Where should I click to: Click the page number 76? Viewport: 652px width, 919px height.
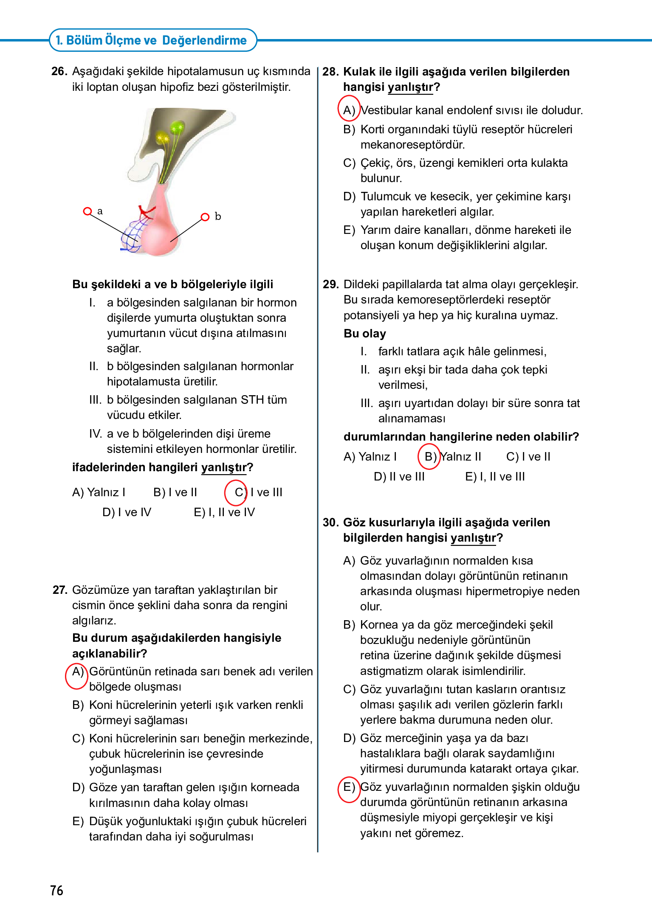(56, 890)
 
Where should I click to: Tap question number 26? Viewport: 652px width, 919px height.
(59, 71)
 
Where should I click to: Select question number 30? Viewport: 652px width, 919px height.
(330, 522)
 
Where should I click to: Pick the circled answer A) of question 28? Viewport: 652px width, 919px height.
(349, 110)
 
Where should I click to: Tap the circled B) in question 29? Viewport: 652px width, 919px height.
(429, 456)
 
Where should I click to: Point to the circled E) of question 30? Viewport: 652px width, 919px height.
(349, 787)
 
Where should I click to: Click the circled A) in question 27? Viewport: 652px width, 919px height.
(77, 672)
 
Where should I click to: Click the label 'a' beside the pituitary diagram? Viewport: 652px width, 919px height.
(100, 211)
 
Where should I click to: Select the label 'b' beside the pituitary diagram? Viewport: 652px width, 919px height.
(217, 216)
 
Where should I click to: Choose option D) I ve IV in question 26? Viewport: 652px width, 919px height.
(127, 512)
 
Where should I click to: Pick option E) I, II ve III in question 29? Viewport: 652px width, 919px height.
(495, 477)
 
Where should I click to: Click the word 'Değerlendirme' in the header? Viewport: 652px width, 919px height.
(204, 40)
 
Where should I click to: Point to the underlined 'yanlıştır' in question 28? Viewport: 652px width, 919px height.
(410, 87)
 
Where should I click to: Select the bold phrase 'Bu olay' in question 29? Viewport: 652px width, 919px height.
(364, 334)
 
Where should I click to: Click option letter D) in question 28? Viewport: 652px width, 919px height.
(349, 197)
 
